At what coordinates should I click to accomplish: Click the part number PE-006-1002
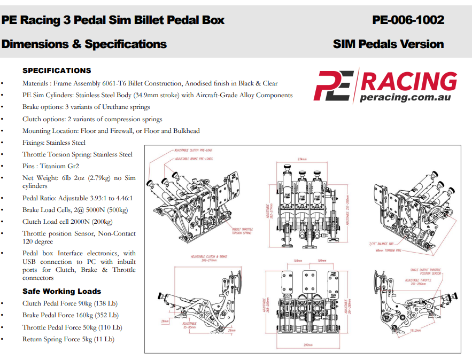pos(408,20)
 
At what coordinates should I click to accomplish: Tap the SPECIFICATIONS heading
pos(57,71)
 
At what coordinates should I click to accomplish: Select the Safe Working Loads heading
pos(61,291)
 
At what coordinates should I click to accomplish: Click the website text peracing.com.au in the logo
pos(405,97)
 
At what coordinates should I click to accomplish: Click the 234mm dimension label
pos(303,159)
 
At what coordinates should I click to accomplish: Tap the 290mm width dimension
pos(307,345)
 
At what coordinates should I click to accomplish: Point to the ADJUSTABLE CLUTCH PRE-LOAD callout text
pos(193,151)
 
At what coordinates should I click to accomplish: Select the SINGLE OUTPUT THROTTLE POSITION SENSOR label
pos(426,272)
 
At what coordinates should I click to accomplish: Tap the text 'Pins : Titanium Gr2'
pos(51,166)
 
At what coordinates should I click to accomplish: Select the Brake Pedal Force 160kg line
pos(70,315)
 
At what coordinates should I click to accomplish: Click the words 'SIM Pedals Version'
pos(388,44)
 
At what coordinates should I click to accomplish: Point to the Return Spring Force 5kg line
pos(68,339)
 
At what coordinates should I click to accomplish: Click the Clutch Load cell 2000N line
pos(67,222)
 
